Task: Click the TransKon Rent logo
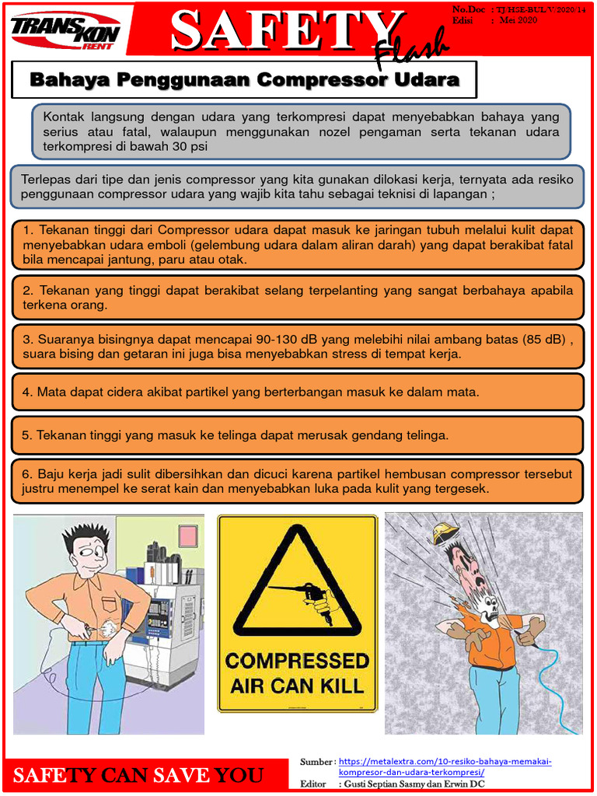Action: (65, 31)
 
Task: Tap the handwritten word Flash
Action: (411, 49)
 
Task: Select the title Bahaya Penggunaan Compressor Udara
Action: (244, 80)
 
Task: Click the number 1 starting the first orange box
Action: (27, 230)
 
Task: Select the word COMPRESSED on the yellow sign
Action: (297, 662)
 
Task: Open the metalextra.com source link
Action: (445, 766)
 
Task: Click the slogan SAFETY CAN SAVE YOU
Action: (138, 775)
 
